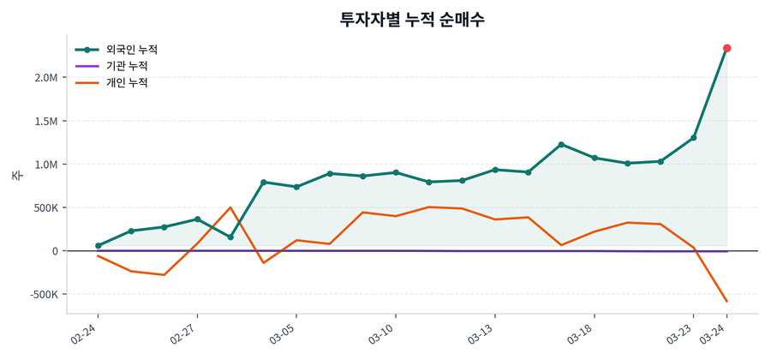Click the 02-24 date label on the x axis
click(86, 333)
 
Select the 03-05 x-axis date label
click(284, 333)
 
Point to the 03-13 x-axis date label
click(482, 333)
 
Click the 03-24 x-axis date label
click(714, 333)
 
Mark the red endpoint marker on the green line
click(726, 48)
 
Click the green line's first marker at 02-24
click(98, 246)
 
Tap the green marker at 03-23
click(694, 137)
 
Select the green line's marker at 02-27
click(197, 219)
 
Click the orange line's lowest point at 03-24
click(726, 301)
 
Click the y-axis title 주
click(16, 176)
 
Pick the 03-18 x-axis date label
click(582, 333)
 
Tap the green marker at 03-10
click(395, 172)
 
